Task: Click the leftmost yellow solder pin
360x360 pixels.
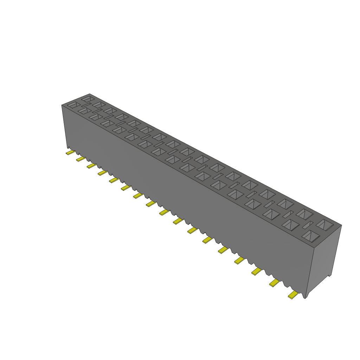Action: pos(70,153)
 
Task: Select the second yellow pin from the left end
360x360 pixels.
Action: pos(81,159)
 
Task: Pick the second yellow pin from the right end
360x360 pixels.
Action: pos(275,283)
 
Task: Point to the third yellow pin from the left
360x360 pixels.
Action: pos(91,165)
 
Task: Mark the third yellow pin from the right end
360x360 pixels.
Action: pos(257,271)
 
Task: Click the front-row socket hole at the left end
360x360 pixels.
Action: pos(73,105)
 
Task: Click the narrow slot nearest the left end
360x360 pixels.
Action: pos(86,105)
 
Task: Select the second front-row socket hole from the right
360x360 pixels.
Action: pos(290,225)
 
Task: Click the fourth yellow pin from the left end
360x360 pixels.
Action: pos(102,172)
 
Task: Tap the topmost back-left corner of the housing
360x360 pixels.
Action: pos(90,94)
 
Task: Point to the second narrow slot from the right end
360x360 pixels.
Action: pos(288,214)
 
